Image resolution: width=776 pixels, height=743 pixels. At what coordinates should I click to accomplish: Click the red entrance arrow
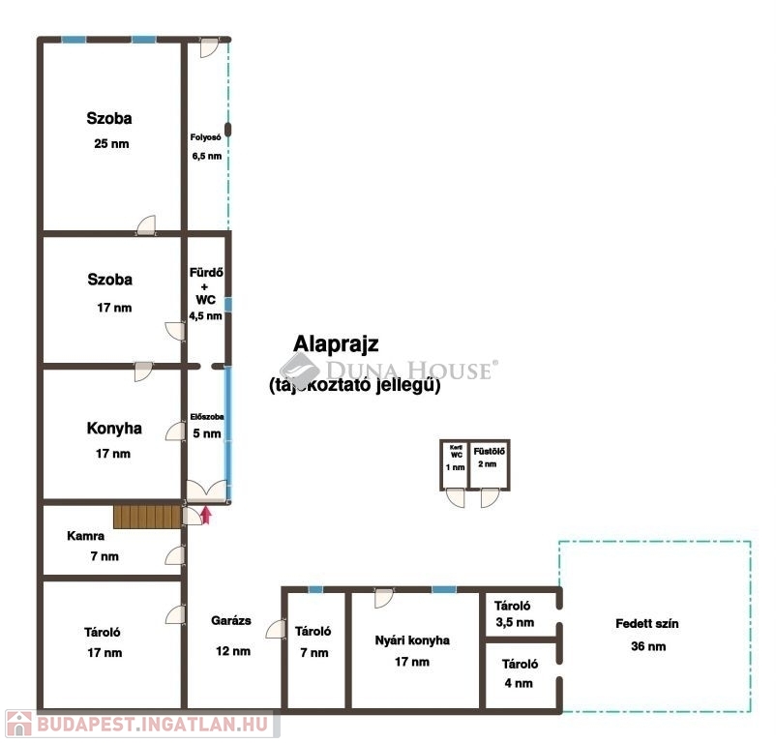pos(206,515)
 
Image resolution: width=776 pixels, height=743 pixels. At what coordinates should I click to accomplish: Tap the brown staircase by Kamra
pos(147,517)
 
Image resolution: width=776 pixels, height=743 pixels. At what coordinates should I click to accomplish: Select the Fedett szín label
pos(647,624)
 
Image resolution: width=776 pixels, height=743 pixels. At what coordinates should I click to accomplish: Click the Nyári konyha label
pos(412,640)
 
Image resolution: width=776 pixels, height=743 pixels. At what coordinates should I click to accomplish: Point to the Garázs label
pos(231,621)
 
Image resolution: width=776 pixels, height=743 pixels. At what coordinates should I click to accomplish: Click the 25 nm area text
pos(111,144)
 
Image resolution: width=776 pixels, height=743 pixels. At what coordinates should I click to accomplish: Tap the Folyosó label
pos(205,137)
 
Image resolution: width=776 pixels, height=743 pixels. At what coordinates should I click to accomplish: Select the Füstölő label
pos(489,451)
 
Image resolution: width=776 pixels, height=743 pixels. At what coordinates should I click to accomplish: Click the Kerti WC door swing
pos(456,497)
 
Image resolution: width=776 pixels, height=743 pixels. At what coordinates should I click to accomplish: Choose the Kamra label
pos(85,536)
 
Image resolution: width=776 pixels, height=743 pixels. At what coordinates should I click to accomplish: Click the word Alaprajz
pos(336,343)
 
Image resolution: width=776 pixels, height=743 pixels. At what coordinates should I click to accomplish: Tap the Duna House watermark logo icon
pos(299,369)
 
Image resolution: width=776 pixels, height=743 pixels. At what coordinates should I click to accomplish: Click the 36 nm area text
pos(648,646)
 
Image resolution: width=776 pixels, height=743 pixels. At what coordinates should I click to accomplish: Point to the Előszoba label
pos(207,417)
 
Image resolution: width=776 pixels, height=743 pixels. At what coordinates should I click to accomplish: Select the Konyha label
pos(114,429)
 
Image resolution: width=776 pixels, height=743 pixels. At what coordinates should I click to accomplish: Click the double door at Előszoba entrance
pos(207,490)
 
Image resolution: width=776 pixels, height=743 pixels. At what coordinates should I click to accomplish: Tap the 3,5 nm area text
pos(515,623)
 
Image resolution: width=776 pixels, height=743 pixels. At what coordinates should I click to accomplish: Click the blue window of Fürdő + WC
pos(228,304)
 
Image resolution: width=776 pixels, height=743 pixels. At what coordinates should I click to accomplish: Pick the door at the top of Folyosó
pos(209,48)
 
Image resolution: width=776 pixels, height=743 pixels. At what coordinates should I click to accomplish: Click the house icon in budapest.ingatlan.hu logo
pos(18,724)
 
